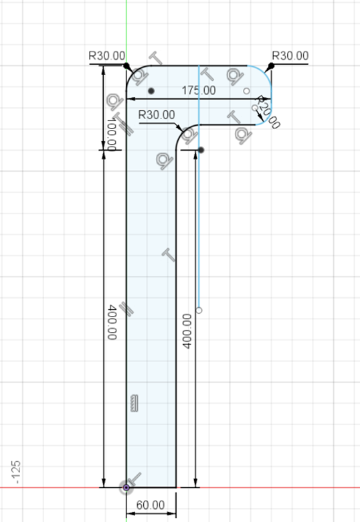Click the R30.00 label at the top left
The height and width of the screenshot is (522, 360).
coord(106,56)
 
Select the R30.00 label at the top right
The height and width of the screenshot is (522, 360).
coord(290,56)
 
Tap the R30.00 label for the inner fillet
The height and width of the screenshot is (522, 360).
coord(157,115)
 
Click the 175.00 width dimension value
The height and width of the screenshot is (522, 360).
coord(199,90)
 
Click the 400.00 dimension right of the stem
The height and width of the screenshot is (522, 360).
coord(187,330)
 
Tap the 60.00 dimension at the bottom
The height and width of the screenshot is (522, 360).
coord(151,504)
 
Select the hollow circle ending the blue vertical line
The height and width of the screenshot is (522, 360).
coord(199,310)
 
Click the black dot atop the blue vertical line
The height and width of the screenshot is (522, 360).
coord(201,149)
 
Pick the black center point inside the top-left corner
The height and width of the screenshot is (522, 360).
coord(152,90)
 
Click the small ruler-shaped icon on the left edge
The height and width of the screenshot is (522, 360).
coord(134,402)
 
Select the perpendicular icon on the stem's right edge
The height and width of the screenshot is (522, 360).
coord(169,254)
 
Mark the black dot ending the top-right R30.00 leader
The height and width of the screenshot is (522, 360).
coord(271,66)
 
